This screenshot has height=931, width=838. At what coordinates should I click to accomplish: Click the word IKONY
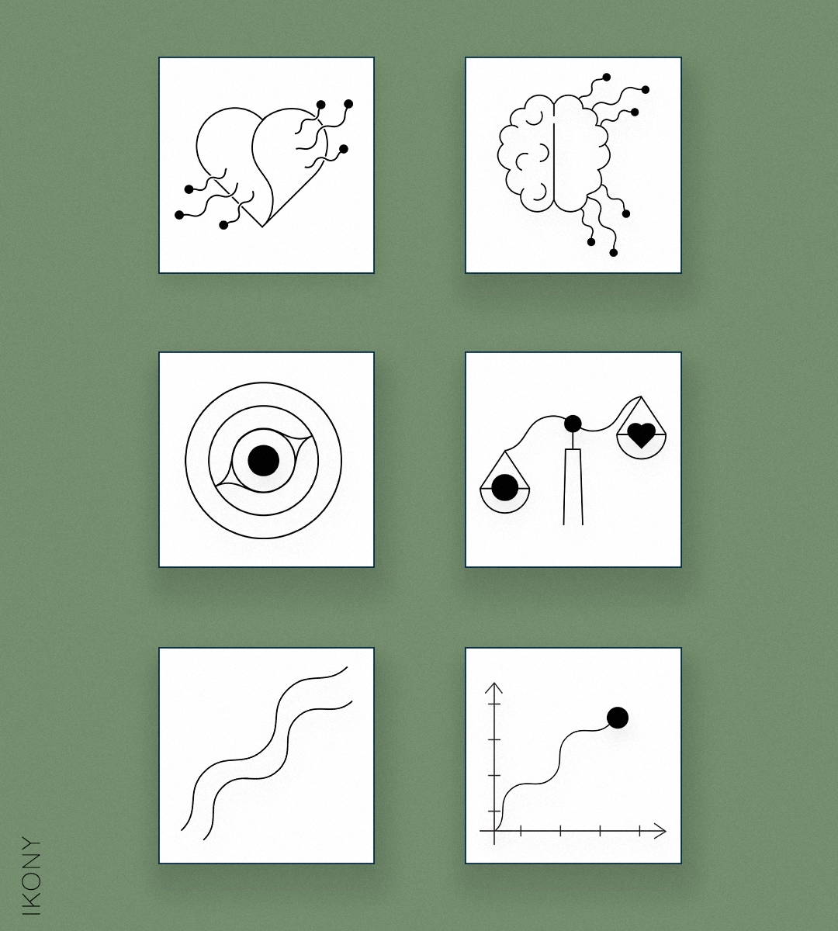(x=32, y=876)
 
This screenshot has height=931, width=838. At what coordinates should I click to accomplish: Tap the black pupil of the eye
(x=263, y=460)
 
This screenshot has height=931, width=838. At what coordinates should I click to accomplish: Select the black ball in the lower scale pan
(x=504, y=488)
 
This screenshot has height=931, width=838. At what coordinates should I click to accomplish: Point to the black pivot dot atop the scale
(x=573, y=424)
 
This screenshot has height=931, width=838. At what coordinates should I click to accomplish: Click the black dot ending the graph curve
(x=618, y=718)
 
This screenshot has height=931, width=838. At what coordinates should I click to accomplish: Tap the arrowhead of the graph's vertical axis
(x=494, y=688)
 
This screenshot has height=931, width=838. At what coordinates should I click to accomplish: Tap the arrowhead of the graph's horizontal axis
(x=660, y=831)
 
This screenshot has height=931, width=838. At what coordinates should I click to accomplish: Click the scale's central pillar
(x=573, y=486)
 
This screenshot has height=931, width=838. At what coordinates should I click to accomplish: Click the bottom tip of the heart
(x=262, y=227)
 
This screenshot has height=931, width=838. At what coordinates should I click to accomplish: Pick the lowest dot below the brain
(x=613, y=252)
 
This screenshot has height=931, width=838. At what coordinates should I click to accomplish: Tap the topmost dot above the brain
(x=606, y=77)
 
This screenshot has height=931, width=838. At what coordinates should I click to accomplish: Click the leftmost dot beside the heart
(x=178, y=215)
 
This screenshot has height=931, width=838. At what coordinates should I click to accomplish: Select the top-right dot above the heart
(x=348, y=103)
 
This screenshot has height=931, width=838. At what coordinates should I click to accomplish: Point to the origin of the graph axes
(x=494, y=831)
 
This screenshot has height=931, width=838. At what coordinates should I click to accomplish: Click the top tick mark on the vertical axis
(x=494, y=704)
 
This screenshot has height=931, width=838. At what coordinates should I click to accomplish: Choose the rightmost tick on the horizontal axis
(x=640, y=831)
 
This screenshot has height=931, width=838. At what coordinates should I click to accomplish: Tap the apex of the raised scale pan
(x=641, y=396)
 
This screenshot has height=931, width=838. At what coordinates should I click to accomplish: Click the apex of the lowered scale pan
(x=504, y=451)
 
